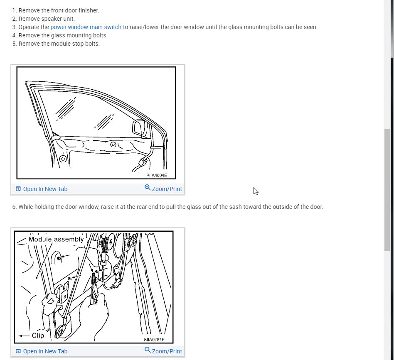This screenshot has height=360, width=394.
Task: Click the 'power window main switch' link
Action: [86, 27]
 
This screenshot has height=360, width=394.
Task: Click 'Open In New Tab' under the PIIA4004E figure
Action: [45, 189]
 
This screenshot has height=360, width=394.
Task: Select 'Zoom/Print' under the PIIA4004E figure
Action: [167, 189]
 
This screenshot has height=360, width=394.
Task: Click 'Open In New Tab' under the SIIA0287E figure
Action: [45, 351]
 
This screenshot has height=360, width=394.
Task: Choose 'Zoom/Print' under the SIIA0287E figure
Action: [167, 351]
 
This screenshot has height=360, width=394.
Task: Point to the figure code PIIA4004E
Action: [157, 175]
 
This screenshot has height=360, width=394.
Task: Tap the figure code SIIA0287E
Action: [154, 339]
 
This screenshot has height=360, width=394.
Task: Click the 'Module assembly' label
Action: [56, 239]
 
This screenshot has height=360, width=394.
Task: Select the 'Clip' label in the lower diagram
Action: [38, 336]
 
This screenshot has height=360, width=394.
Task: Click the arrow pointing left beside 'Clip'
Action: [24, 336]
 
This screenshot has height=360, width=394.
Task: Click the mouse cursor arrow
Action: [256, 191]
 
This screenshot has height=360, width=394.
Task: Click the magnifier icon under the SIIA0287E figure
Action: [148, 350]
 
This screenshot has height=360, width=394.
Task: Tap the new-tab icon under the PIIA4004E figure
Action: [18, 189]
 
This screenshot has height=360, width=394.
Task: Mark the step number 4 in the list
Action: [15, 35]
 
